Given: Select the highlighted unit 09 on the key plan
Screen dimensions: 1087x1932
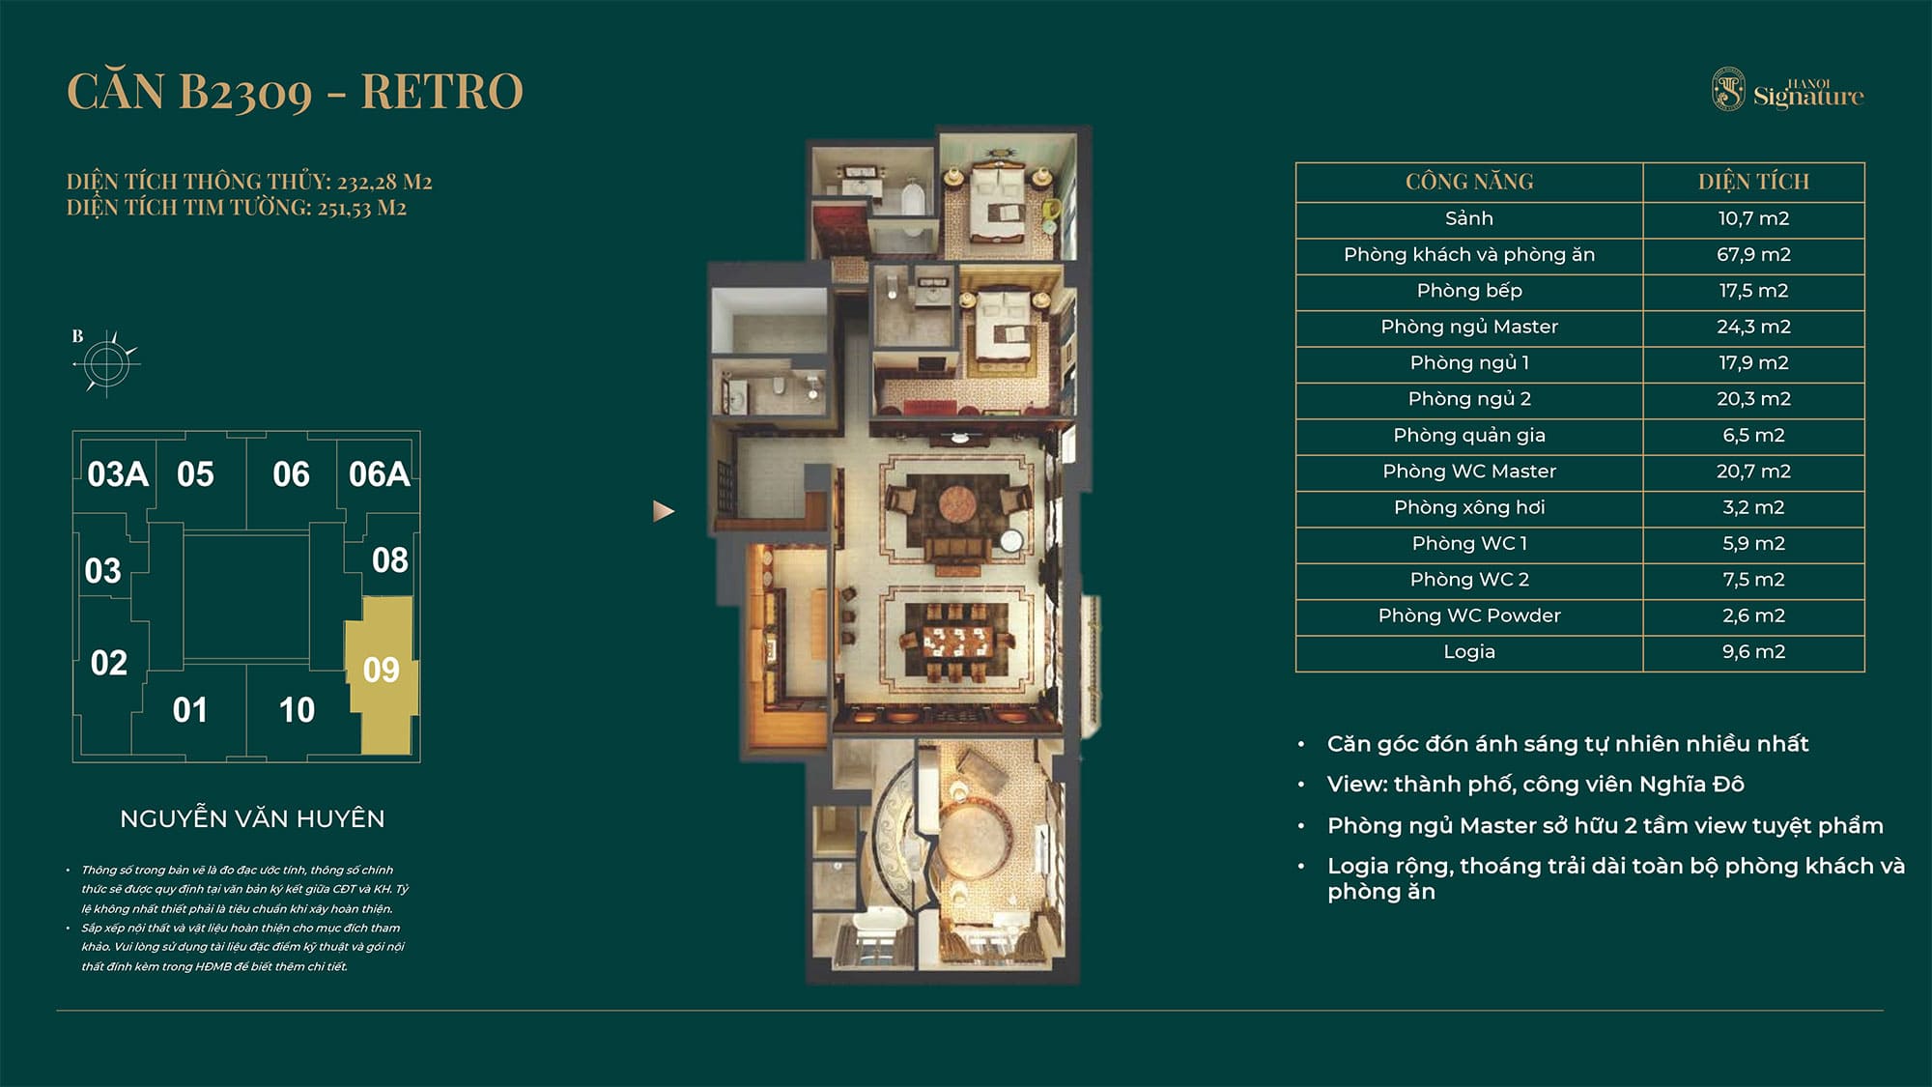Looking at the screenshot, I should click(382, 670).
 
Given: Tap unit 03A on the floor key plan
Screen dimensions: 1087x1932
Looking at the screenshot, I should click(117, 474).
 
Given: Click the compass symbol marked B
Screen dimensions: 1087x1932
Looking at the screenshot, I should click(105, 363).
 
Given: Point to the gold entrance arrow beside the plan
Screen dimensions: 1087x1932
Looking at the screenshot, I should click(663, 511).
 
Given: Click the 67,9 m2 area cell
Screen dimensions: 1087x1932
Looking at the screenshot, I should click(1753, 255).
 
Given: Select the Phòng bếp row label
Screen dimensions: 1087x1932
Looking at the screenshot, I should click(1468, 291).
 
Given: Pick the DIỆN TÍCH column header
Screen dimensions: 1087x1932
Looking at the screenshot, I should click(1753, 182).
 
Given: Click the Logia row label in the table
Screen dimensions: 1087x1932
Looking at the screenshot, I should click(1468, 652).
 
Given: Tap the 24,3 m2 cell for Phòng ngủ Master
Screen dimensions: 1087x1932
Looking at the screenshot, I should click(1753, 327).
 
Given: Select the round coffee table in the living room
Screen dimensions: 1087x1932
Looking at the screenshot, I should click(958, 504).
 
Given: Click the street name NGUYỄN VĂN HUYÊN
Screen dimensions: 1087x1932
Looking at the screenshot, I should click(252, 819).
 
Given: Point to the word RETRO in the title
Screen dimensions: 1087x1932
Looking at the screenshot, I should click(441, 92).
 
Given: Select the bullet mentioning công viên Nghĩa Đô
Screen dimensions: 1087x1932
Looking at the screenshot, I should click(1535, 785).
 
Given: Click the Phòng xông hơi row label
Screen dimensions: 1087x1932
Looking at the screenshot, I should click(1468, 507).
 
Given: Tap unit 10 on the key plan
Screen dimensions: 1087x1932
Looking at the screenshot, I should click(297, 710).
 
